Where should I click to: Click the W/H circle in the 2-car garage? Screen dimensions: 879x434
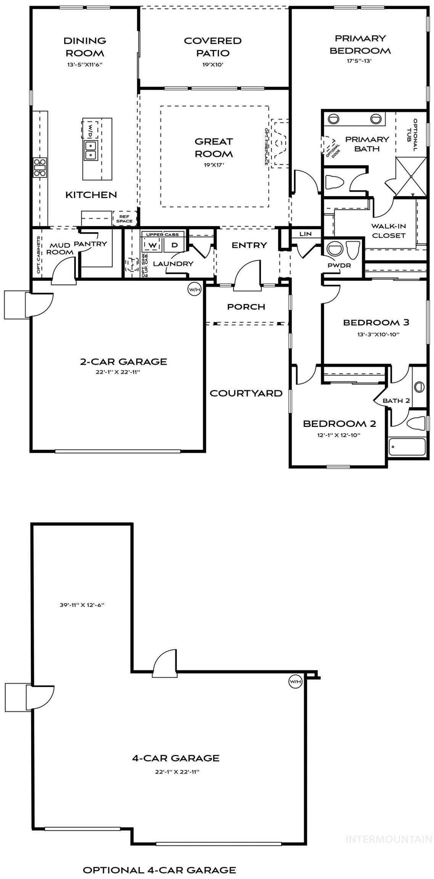point(194,290)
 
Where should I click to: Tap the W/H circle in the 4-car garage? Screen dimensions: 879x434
point(295,681)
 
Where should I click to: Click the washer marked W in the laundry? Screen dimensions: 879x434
point(153,245)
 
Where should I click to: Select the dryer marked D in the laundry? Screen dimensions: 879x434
point(174,245)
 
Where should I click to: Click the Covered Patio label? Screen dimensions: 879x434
point(212,47)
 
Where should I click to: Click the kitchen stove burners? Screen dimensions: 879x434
point(40,167)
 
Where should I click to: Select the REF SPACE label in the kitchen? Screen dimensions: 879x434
point(124,219)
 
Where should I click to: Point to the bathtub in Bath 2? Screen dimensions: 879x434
point(407,447)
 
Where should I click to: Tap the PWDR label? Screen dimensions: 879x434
point(339,265)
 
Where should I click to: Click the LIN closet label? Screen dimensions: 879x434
point(305,234)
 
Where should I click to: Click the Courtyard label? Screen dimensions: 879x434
point(246,393)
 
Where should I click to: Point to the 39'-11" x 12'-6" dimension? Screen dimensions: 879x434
point(82,605)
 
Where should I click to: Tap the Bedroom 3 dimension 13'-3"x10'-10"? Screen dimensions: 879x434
point(376,335)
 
